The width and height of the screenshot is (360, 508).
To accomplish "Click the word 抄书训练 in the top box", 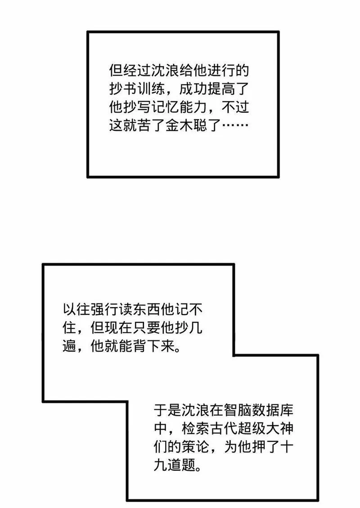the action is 137,88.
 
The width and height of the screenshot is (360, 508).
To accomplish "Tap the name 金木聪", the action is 186,125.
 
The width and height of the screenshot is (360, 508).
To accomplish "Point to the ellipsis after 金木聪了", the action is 235,125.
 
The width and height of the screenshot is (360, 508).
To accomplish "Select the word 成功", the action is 193,88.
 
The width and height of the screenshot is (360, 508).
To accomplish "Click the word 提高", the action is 221,88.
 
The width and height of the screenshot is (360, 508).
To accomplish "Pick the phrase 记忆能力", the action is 180,107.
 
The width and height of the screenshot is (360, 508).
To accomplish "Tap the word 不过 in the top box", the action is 235,107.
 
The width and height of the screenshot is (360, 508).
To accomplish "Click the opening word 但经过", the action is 130,70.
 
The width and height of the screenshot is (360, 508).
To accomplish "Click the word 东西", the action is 146,309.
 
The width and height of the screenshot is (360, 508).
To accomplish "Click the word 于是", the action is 167,410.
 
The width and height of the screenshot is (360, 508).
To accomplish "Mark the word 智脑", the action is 237,410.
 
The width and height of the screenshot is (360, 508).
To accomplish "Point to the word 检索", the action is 196,428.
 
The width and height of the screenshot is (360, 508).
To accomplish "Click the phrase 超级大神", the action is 265,428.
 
